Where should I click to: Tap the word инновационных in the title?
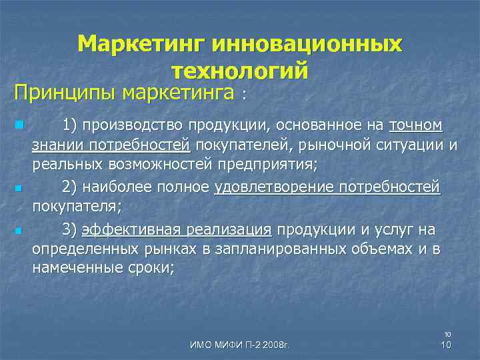[x=307, y=45]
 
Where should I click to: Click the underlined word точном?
[x=415, y=125]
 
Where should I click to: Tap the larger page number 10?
[x=448, y=344]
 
